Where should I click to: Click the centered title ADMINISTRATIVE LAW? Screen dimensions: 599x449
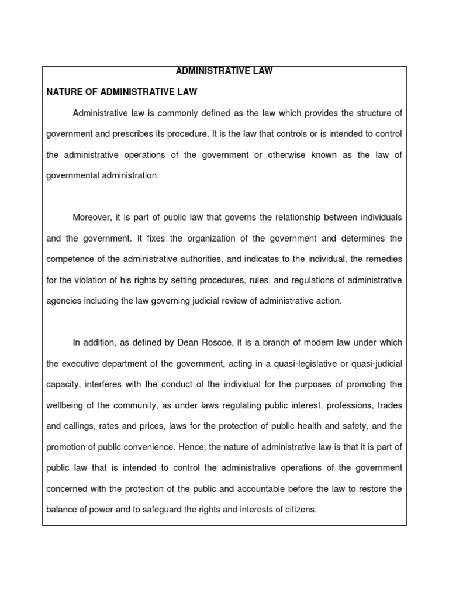point(224,71)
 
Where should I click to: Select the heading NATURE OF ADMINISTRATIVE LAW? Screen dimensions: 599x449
point(122,92)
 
